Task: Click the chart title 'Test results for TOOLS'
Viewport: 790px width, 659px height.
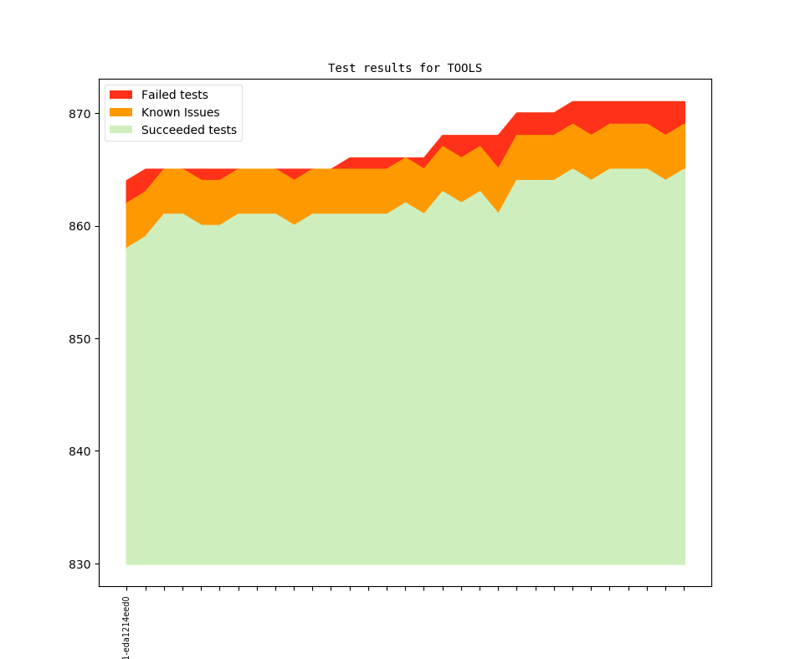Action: (x=404, y=68)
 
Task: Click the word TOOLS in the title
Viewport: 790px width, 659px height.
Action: (x=464, y=68)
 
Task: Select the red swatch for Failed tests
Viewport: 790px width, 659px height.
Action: (x=121, y=95)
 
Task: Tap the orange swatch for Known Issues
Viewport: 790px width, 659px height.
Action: (x=121, y=112)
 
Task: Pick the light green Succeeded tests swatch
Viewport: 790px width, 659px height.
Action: (x=121, y=130)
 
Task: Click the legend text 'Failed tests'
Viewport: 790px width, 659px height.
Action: (x=174, y=95)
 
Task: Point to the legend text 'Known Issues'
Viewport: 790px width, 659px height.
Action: (x=180, y=112)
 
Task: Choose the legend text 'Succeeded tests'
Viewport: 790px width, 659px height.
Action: (x=188, y=130)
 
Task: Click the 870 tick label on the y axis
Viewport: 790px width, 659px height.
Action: (x=80, y=114)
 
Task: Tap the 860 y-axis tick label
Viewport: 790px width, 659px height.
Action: (x=80, y=226)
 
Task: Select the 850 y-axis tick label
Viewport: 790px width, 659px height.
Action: (x=80, y=339)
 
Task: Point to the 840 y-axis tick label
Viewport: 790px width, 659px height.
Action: (x=80, y=451)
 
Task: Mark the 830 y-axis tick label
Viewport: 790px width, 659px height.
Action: (x=80, y=564)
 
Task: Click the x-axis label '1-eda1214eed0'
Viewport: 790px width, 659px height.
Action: (x=126, y=628)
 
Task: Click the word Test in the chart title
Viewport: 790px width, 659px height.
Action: (x=341, y=68)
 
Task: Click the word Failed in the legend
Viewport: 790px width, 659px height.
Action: (x=157, y=95)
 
